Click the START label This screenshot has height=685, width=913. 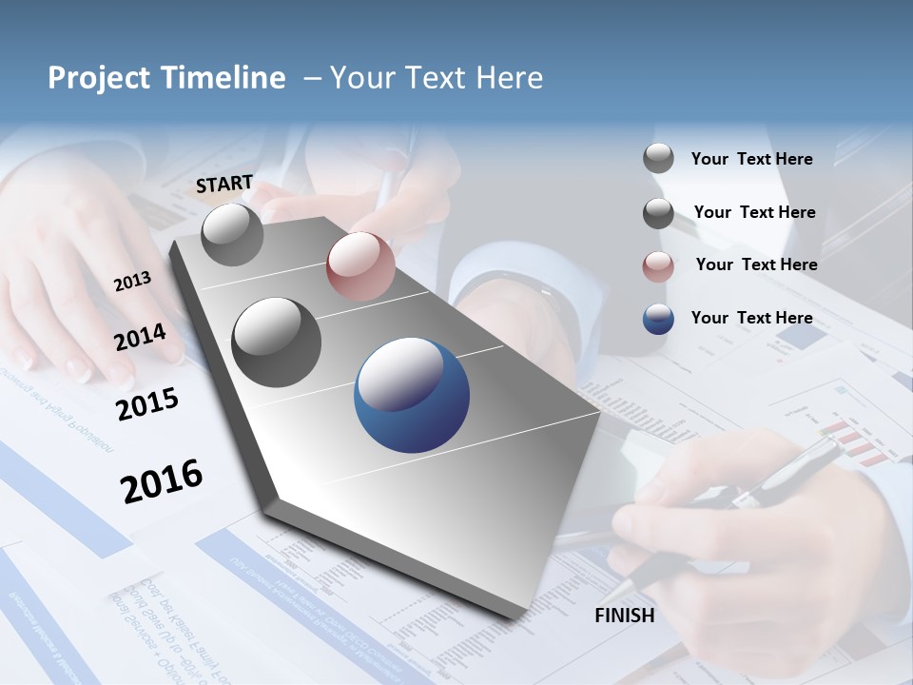tap(224, 184)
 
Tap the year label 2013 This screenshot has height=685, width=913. tap(132, 281)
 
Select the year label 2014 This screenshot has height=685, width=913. tap(140, 337)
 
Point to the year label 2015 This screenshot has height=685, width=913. tap(146, 403)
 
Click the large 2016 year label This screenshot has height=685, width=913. tap(162, 480)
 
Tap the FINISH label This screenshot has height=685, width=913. tap(624, 616)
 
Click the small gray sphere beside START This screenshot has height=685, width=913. tap(232, 234)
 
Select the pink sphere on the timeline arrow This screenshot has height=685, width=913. tap(360, 266)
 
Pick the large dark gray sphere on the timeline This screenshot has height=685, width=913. tap(277, 342)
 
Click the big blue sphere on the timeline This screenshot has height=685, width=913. tap(412, 395)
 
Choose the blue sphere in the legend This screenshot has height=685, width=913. tap(658, 319)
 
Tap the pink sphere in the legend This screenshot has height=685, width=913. tap(658, 266)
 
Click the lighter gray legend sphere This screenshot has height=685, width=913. tap(658, 158)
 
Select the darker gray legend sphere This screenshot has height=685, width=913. tap(658, 213)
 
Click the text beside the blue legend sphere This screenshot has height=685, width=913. tap(751, 318)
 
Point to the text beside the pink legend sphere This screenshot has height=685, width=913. tap(756, 264)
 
